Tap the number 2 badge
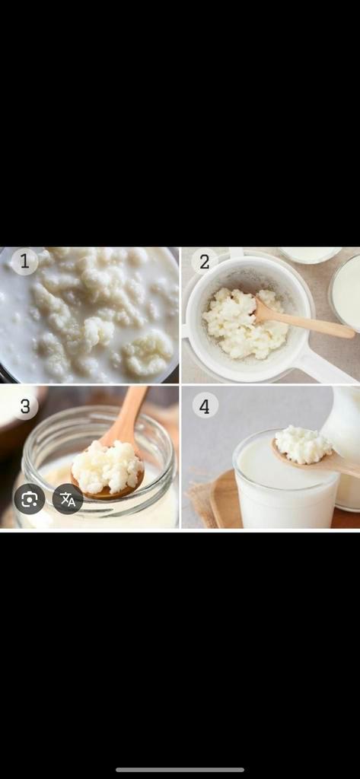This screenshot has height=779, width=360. (205, 262)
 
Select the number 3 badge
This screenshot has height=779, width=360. (25, 406)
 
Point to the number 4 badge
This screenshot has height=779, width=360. (205, 406)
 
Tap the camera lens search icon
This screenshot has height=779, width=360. (30, 499)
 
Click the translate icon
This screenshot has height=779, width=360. (68, 499)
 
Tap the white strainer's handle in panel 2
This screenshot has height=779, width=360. (325, 366)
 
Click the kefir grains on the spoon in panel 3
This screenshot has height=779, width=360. (107, 467)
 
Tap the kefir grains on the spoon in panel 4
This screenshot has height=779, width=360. (304, 444)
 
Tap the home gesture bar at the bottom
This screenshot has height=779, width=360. (180, 770)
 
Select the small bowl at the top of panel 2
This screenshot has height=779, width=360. (309, 254)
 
